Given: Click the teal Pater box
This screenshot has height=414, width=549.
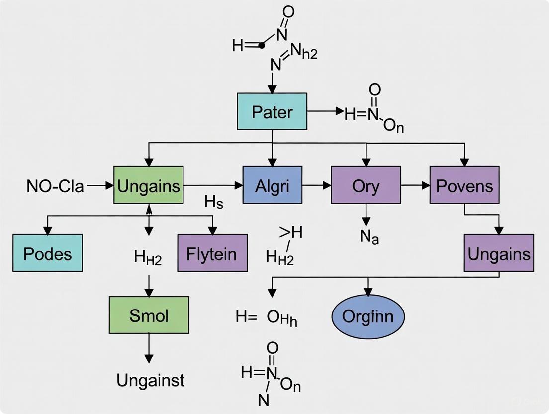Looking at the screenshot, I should point(271,111).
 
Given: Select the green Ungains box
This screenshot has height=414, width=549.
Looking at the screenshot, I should point(149,185).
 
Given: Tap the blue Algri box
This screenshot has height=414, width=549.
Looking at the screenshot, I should point(272,185).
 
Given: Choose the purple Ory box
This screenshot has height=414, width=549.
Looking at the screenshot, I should point(366,185).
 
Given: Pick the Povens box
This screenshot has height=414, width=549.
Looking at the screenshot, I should point(464,185).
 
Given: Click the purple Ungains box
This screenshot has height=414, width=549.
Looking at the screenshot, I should point(499,253).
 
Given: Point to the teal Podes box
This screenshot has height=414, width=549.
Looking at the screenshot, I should point(48,253).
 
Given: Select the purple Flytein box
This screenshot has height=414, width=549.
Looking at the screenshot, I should point(212,253).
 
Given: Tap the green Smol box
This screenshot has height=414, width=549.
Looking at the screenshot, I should point(149,315).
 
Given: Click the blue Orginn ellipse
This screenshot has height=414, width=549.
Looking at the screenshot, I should point(368,316).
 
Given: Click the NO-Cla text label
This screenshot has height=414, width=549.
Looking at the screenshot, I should point(55,186).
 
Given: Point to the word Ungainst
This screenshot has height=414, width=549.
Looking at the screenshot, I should point(150,380).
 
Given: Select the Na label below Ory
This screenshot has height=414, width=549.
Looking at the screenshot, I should point(369,237).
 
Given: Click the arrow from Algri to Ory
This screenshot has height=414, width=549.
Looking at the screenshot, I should point(316,185).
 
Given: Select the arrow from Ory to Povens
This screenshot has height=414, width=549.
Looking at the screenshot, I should point(415,185).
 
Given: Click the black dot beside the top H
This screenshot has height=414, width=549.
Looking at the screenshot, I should point(262,45).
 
